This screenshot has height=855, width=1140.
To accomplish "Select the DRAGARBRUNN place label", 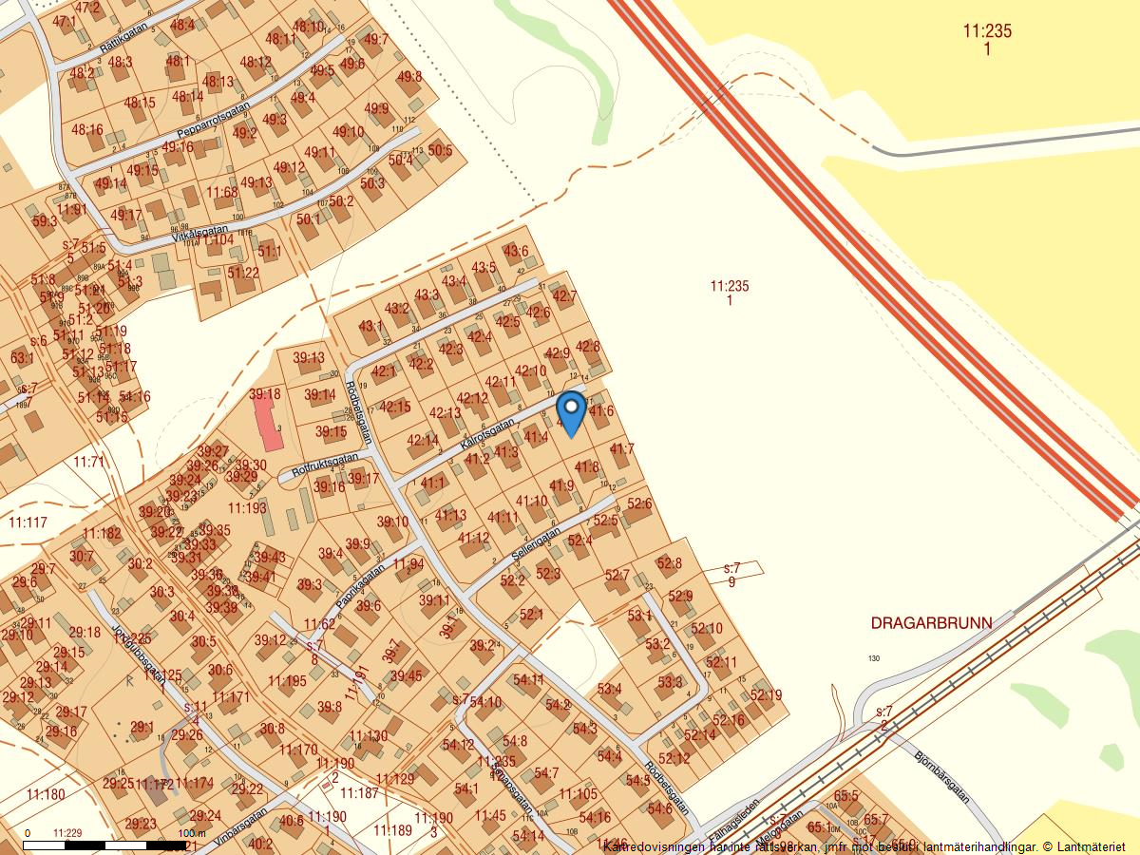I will click(x=931, y=623).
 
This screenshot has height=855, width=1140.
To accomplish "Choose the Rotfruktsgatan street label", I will click(x=325, y=463).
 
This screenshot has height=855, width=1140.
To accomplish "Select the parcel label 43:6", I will click(x=516, y=251).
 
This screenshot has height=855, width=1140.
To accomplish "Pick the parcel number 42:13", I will click(x=445, y=413).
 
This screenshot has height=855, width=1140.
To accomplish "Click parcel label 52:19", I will click(x=766, y=695).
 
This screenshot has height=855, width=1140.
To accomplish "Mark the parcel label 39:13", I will click(x=309, y=358).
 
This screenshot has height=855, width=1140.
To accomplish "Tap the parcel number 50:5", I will click(x=440, y=149).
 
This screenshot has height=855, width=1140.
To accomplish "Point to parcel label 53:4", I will click(x=610, y=689).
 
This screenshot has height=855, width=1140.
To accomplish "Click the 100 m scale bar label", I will click(x=184, y=833).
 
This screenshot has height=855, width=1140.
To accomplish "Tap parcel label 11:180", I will click(x=46, y=794).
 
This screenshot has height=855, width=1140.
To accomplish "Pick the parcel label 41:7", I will click(x=621, y=448).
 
